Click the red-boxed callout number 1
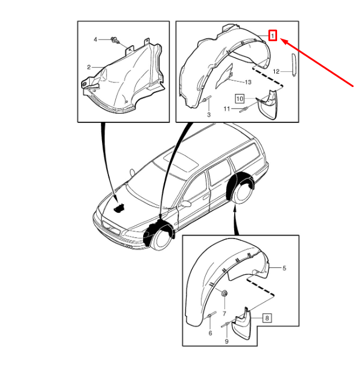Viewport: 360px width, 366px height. tap(272, 36)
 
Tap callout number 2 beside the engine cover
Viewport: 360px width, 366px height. tap(89, 67)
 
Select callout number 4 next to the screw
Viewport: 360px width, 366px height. tap(95, 39)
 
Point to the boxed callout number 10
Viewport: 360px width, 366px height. tap(239, 99)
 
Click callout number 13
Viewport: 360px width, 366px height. tap(248, 82)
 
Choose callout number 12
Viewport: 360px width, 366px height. tap(276, 71)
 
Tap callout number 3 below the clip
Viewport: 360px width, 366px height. tap(209, 115)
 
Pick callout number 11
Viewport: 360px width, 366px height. tap(227, 109)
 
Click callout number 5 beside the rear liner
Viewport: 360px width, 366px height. tap(284, 268)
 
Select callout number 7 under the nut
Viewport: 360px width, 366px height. tap(224, 313)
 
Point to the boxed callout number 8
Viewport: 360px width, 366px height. tap(267, 318)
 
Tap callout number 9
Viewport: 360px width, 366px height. tap(227, 342)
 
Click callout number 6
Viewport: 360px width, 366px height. tap(210, 333)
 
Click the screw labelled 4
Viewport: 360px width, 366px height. tap(115, 40)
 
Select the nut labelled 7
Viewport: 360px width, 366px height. tap(224, 293)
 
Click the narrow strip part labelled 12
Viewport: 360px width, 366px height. tap(293, 64)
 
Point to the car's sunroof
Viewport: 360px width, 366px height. tap(181, 161)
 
